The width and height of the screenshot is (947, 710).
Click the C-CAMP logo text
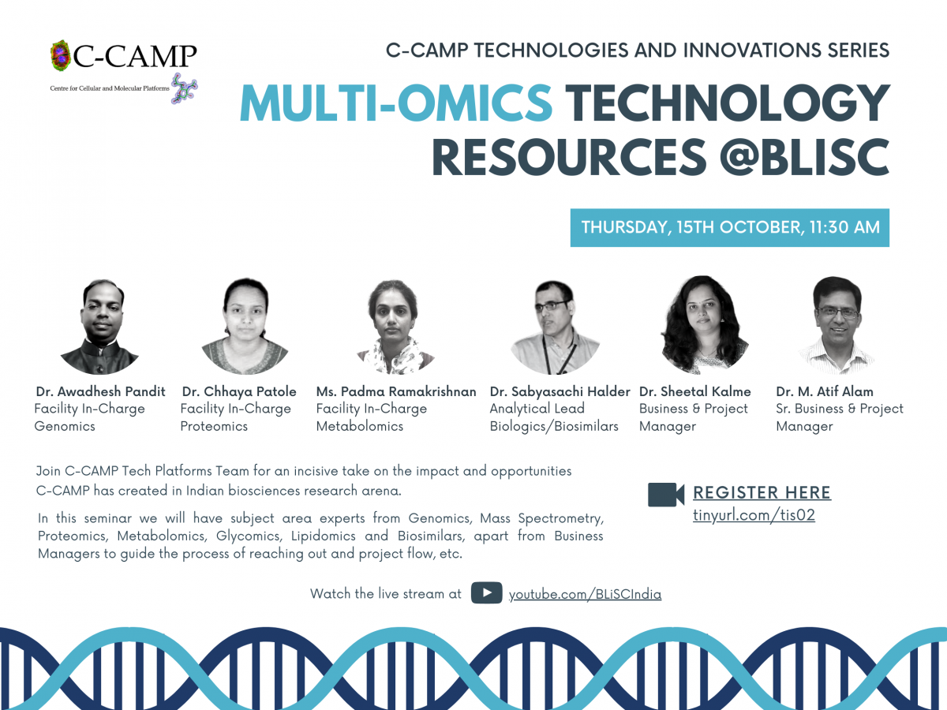[x=135, y=55]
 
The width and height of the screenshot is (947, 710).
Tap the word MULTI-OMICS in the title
[x=396, y=103]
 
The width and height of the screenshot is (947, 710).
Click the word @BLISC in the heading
[x=804, y=157]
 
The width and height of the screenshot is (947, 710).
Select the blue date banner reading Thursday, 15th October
[x=729, y=228]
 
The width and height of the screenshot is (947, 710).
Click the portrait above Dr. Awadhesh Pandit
[x=101, y=327]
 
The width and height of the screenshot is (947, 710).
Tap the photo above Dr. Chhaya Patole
[x=245, y=327]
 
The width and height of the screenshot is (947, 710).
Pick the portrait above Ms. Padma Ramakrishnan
[x=395, y=327]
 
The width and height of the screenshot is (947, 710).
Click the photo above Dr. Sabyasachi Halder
[x=555, y=327]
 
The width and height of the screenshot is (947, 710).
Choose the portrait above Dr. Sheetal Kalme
[x=704, y=325]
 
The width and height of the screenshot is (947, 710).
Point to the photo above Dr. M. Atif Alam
[x=837, y=326]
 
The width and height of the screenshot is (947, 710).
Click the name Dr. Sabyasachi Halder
[x=560, y=391]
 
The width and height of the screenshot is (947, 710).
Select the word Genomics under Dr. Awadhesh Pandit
[x=65, y=426]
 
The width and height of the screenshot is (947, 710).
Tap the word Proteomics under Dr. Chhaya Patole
[x=214, y=426]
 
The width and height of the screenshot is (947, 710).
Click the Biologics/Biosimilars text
[x=554, y=426]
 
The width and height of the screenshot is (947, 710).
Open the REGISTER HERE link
[x=762, y=493]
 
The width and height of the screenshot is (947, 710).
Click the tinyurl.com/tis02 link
[x=754, y=515]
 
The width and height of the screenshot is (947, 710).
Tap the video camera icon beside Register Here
[x=666, y=495]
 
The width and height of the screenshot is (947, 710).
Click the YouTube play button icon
[x=487, y=592]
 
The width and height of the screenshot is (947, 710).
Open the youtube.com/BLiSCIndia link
[x=585, y=595]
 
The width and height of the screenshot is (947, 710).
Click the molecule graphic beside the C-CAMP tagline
[x=184, y=88]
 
